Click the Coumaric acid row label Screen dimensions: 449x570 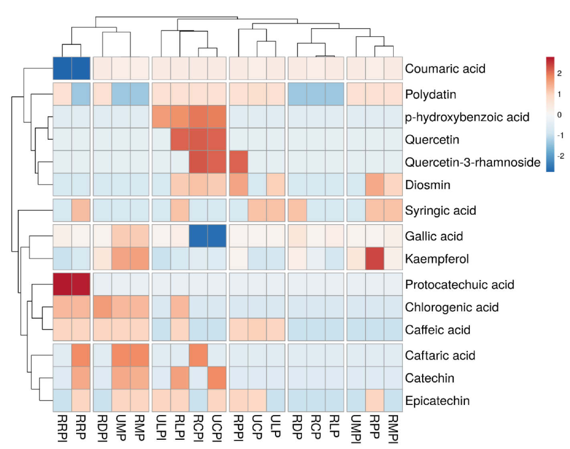coord(445,68)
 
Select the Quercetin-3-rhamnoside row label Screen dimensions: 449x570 coord(473,162)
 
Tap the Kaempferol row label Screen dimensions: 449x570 coord(437,259)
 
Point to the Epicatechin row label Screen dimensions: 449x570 coord(437,401)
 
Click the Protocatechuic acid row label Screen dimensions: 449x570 coord(459,284)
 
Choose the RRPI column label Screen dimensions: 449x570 coord(62,428)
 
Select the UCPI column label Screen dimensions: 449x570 coord(217,428)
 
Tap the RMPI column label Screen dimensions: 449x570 coord(393,429)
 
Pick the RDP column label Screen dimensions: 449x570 coord(297,427)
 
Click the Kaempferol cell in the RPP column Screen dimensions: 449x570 coord(375,259)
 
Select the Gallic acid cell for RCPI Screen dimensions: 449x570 coord(198,236)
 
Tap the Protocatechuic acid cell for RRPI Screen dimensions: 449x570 coord(62,284)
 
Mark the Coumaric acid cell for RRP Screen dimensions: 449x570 coord(81,68)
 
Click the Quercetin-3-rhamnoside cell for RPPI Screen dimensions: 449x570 coord(239,162)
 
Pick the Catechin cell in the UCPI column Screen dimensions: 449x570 coord(217,378)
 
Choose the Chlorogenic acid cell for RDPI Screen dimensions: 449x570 coord(102,307)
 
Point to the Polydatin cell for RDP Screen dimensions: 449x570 coord(297,94)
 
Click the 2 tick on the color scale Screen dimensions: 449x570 coord(559,73)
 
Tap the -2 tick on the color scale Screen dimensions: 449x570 coord(560,156)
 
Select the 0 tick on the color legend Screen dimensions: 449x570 coord(559,115)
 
